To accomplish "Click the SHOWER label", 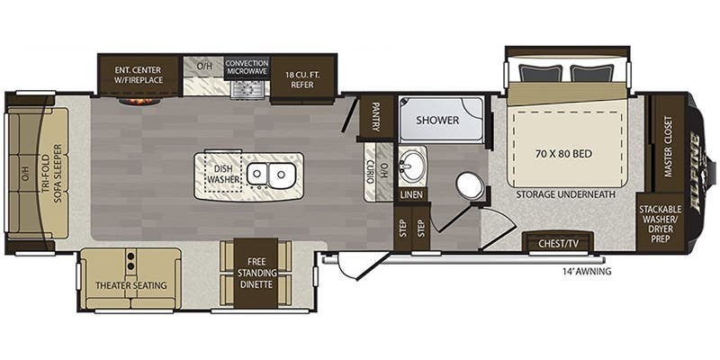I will (438, 120).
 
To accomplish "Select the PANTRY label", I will (375, 117).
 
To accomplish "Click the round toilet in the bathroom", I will (469, 184).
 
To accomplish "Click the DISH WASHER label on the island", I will (221, 172).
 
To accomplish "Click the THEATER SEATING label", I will (131, 285).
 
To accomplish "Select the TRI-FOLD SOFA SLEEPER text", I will (58, 173).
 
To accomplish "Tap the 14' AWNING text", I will (586, 271).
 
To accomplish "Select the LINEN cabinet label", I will (413, 193).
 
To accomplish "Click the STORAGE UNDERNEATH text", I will (565, 193).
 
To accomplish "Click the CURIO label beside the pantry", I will (369, 170).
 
